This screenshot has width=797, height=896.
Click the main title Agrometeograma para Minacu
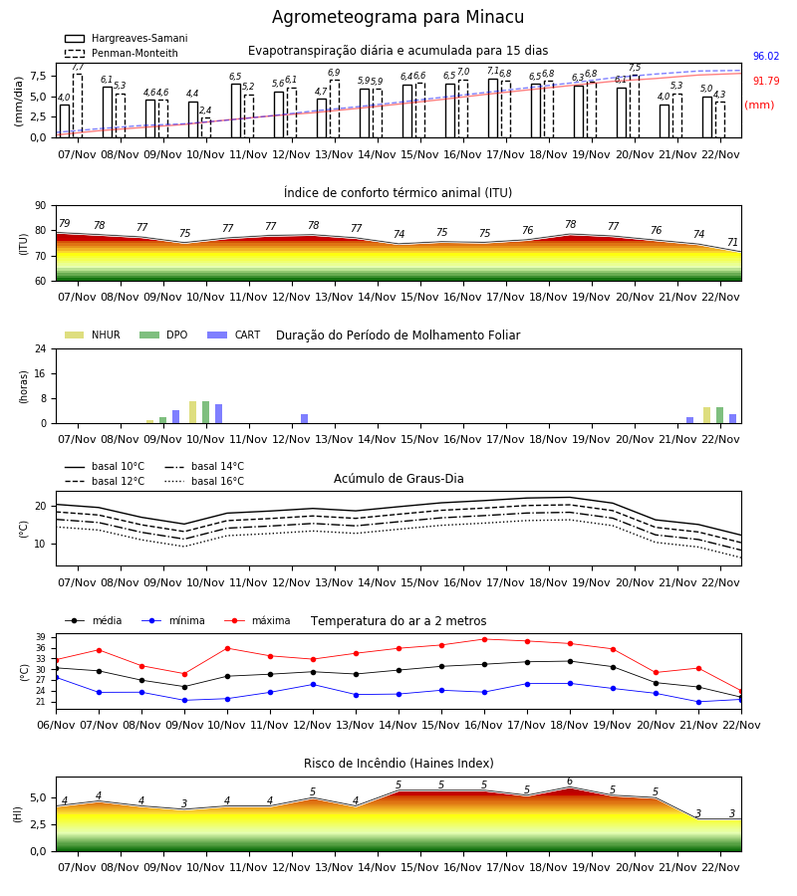[398, 17]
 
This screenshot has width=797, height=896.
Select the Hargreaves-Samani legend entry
[126, 38]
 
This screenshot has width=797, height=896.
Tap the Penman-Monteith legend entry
[122, 53]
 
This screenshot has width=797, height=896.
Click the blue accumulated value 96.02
[766, 56]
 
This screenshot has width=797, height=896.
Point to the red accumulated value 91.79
[766, 82]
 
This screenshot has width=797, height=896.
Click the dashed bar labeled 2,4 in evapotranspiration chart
[206, 127]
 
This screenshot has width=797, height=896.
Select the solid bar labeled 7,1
[493, 109]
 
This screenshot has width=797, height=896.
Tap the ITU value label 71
[732, 242]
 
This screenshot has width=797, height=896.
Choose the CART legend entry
[234, 335]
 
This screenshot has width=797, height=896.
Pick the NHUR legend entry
[93, 335]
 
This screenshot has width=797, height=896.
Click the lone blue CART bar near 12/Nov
[304, 419]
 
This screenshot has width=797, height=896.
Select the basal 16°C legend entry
[204, 481]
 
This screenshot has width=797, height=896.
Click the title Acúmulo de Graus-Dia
[398, 479]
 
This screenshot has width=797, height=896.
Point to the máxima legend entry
[257, 620]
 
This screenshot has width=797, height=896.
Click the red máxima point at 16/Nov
[485, 639]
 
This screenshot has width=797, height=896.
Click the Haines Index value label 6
[570, 782]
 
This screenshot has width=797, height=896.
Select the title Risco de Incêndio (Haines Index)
[398, 764]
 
